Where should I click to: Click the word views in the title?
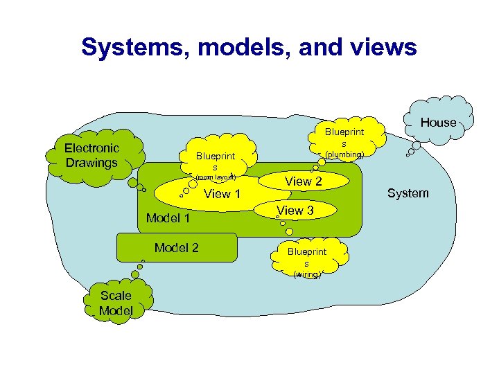383,47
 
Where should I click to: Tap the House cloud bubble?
438,123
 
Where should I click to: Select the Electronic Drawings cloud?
92,155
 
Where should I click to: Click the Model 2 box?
177,248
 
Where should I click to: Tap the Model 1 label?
168,219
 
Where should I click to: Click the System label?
408,193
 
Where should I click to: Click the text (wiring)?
306,275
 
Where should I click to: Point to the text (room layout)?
216,177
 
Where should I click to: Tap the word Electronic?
92,148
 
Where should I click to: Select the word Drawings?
92,163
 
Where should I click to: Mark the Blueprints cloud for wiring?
306,258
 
